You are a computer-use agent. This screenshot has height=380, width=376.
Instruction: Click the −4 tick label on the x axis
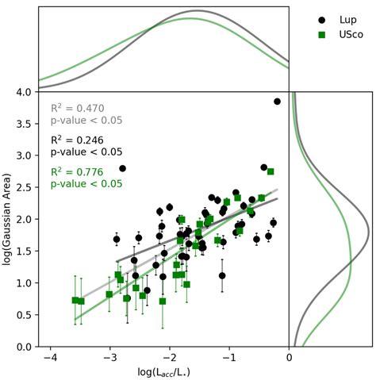[50, 358]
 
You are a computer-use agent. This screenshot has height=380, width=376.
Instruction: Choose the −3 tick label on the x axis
[109, 358]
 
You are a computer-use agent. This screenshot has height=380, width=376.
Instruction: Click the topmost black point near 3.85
[278, 102]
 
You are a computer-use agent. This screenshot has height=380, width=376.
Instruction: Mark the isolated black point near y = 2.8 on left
[123, 168]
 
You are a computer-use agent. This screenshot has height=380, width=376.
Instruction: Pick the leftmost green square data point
[75, 301]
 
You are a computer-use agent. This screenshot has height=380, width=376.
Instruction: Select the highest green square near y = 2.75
[270, 171]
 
